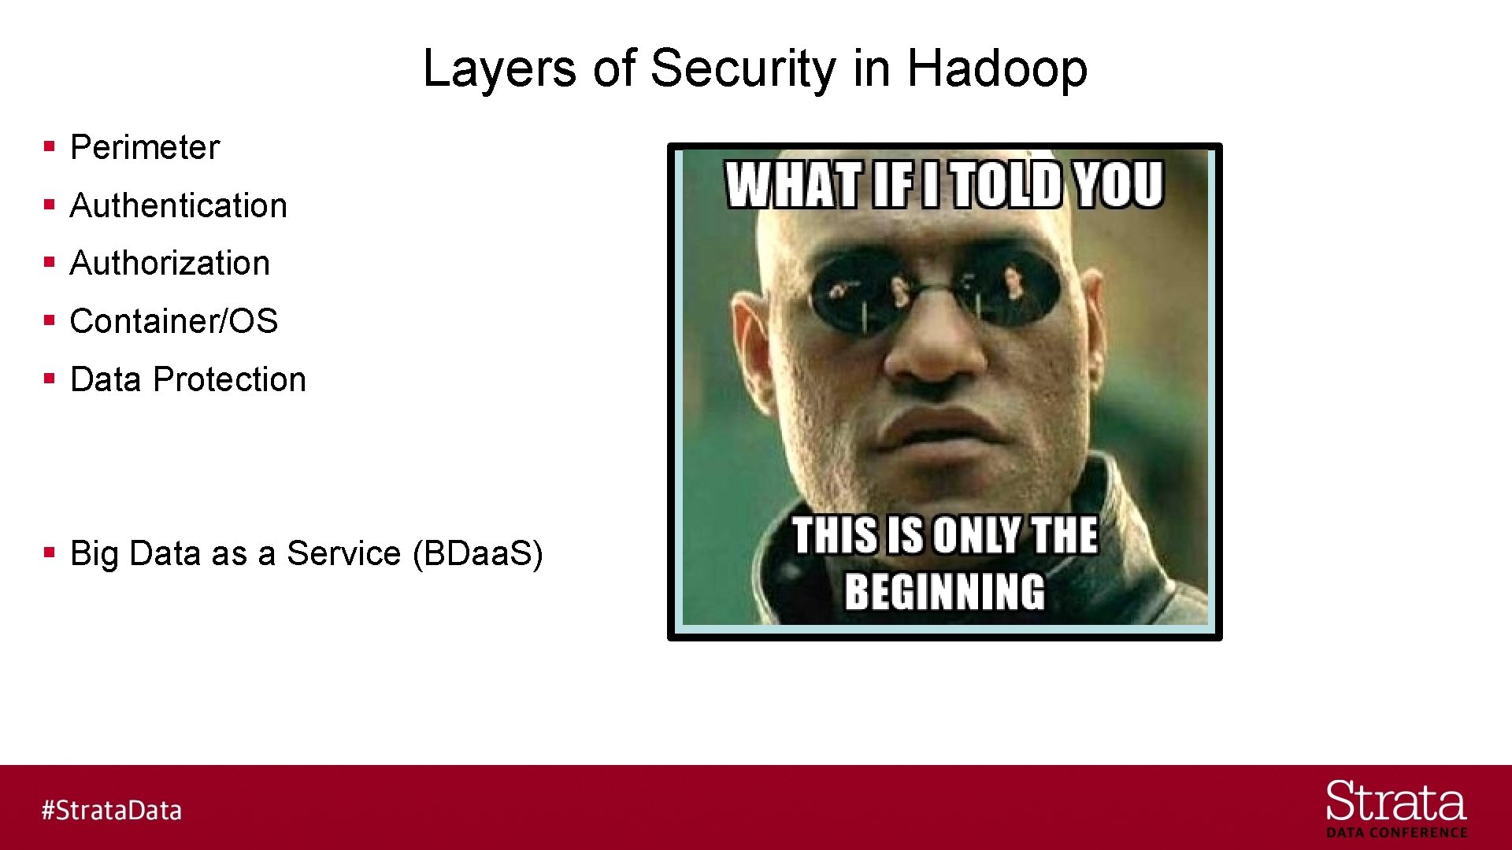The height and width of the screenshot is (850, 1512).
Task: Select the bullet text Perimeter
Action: pos(145,148)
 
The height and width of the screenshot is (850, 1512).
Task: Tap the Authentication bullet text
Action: pos(179,205)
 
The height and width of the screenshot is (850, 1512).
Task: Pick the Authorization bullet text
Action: pos(170,263)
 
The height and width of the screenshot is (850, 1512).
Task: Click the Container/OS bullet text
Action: pos(174,321)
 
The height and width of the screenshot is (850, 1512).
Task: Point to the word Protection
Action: pos(229,379)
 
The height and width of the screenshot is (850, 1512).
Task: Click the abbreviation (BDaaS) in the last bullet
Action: pos(478,553)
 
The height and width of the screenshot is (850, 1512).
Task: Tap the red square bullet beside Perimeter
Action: pos(50,146)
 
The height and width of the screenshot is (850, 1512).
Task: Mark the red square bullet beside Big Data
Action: pos(50,552)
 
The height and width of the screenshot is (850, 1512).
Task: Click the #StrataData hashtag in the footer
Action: pos(112,810)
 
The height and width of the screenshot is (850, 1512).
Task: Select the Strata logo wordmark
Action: pos(1395,802)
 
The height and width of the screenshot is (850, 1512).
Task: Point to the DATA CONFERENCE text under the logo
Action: pos(1396,833)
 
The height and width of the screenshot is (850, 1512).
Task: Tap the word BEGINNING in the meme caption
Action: pos(944,592)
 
